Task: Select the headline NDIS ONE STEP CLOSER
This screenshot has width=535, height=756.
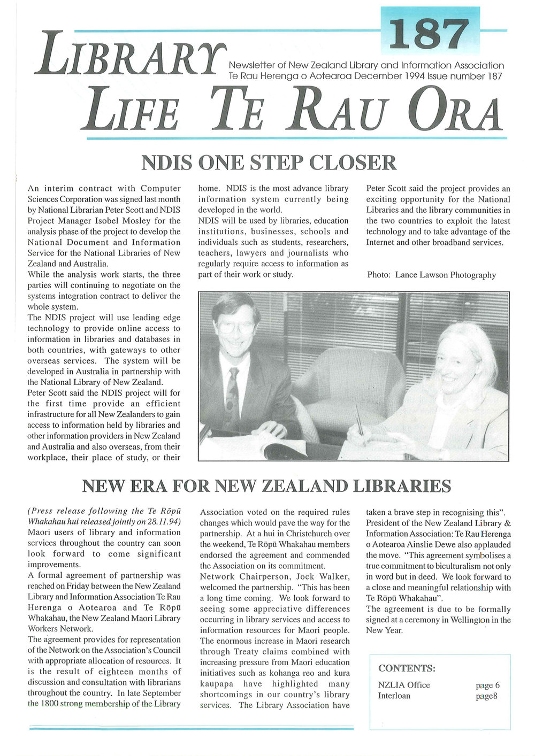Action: click(269, 163)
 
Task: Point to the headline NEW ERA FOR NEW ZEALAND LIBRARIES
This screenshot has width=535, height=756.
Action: click(267, 486)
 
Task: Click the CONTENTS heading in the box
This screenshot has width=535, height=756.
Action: click(407, 668)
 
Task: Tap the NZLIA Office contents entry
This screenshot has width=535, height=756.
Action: click(404, 685)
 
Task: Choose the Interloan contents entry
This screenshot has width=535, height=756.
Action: click(394, 696)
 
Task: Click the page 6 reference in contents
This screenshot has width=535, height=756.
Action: click(487, 685)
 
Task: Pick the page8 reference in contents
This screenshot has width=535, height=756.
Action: click(486, 696)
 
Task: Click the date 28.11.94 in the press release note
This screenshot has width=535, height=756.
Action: click(164, 521)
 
